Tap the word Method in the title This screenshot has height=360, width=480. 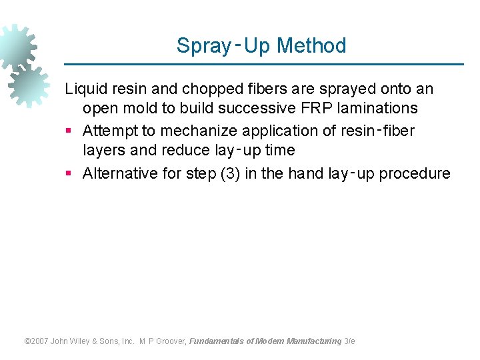coord(311,46)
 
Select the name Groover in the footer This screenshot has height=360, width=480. coord(172,341)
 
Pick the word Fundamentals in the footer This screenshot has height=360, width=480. coord(216,341)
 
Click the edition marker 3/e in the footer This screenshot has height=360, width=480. coord(349,341)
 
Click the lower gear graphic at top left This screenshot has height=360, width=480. coord(29,85)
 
